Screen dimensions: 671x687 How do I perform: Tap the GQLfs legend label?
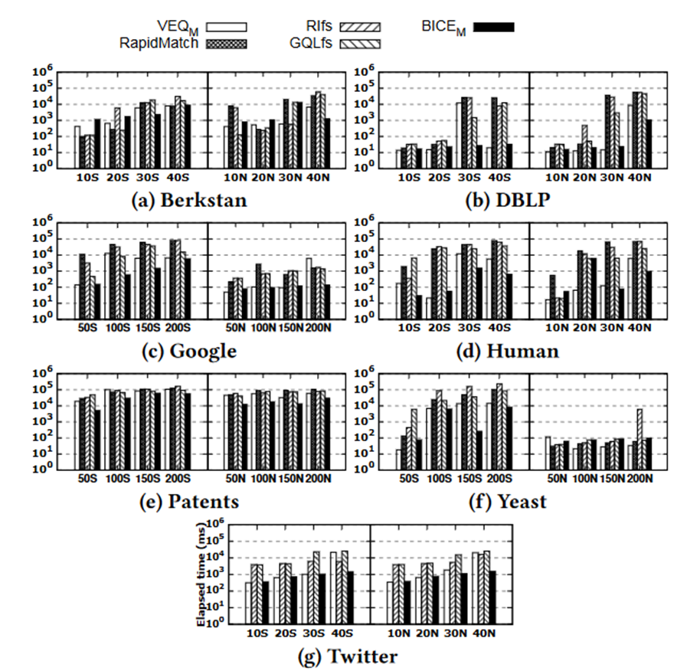tap(312, 43)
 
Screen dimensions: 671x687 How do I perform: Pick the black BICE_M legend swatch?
tap(494, 28)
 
